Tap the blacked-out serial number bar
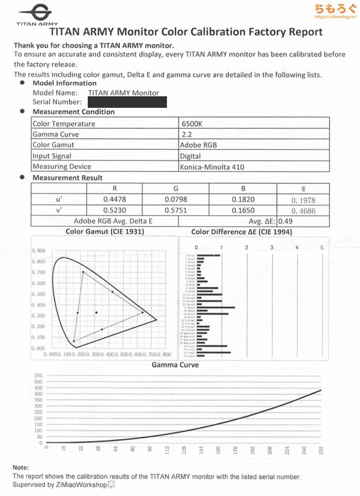(x=127, y=102)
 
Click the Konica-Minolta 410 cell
(x=212, y=167)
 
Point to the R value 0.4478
(x=114, y=200)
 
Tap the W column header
(x=303, y=189)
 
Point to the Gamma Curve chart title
(x=175, y=365)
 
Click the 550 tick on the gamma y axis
(x=38, y=375)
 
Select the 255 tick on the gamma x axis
(x=321, y=450)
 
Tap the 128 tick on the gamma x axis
(x=184, y=450)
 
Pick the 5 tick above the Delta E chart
(x=322, y=247)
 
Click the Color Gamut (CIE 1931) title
(x=105, y=232)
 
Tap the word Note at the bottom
(x=21, y=467)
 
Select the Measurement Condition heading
(x=73, y=112)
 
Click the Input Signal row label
(x=52, y=156)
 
